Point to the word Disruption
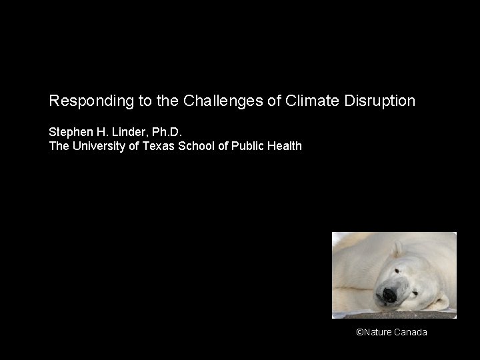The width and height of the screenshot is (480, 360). pos(379,101)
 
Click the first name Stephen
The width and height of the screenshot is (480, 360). pos(69,132)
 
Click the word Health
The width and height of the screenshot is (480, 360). pos(286,145)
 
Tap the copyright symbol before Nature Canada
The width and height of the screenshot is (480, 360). pos(359,332)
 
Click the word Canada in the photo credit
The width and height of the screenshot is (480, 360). pos(411,332)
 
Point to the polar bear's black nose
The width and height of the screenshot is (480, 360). pos(386,294)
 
